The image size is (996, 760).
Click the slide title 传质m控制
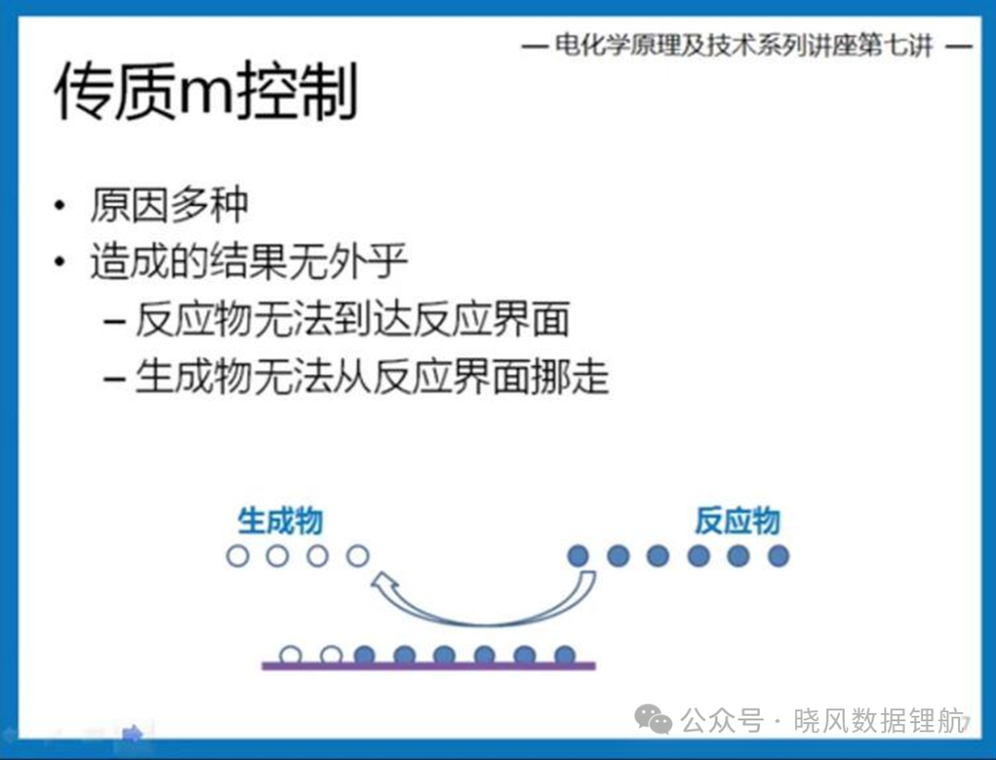coord(207,91)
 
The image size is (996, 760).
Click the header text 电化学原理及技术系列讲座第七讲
coord(744,46)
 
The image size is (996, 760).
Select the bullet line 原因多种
coord(169,205)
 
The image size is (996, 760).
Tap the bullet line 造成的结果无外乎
coord(248,261)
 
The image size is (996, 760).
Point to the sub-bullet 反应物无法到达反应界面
coord(352,319)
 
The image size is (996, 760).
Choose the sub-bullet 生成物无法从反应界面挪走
coord(373,376)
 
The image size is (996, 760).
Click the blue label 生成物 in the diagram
coord(280,521)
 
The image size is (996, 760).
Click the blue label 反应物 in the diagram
coord(737,521)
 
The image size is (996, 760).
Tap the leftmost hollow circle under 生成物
coord(238,556)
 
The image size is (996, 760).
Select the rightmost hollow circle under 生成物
coord(358,556)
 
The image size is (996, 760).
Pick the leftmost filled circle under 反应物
coord(578,556)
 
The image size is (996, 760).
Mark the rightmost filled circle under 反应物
coord(778,556)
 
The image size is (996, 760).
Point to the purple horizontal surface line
coord(429,666)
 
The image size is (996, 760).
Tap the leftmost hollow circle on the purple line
coord(290,655)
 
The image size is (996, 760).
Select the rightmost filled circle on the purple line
coord(564,655)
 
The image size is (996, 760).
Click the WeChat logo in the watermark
coord(653,719)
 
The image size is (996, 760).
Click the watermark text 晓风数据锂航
coord(879,721)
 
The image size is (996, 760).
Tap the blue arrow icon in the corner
coord(133,734)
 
